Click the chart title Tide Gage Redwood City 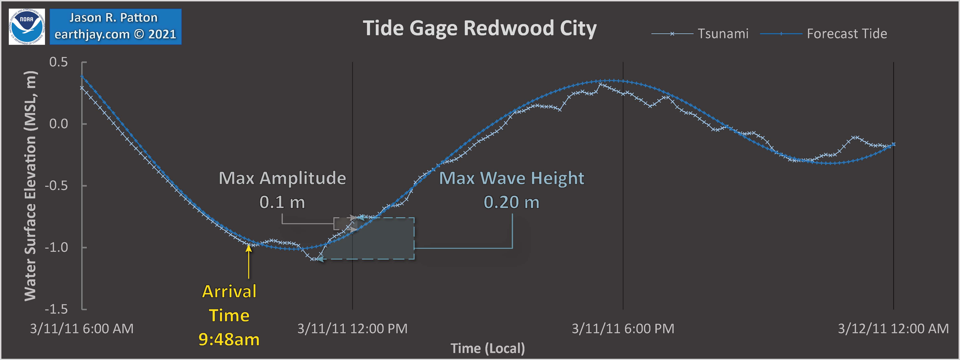480,28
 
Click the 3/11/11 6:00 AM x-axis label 82,329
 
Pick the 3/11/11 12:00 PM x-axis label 352,329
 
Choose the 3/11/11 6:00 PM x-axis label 623,329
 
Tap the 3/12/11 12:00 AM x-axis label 893,329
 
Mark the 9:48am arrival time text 229,340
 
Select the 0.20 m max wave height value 511,202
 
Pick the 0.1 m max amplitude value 282,202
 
